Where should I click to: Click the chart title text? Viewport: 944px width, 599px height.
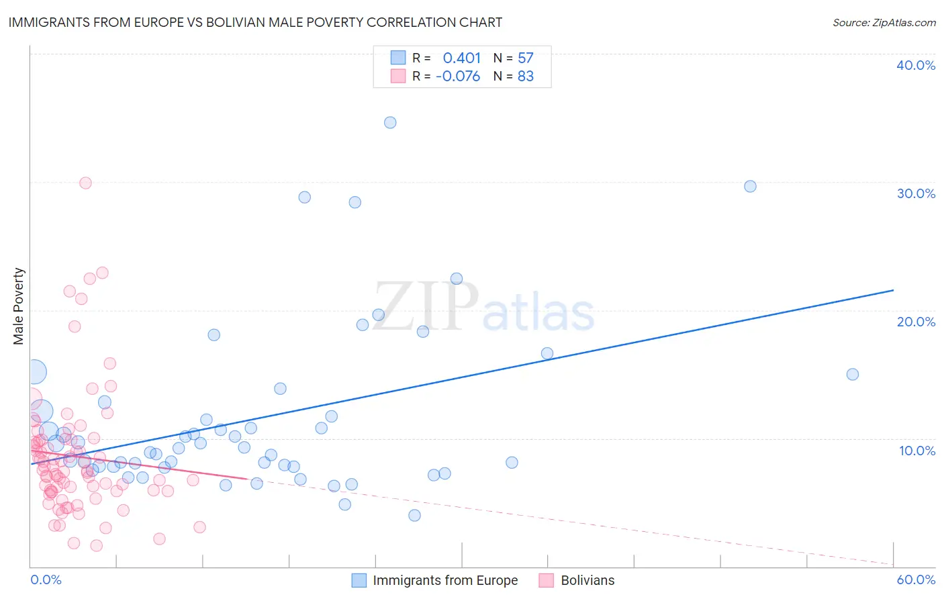pos(255,22)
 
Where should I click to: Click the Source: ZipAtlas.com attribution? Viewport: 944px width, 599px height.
pos(884,22)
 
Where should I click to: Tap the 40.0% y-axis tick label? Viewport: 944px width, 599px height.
pos(916,65)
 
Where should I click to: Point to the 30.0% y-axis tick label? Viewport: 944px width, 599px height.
pos(916,193)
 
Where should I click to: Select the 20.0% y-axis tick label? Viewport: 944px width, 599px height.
pos(916,322)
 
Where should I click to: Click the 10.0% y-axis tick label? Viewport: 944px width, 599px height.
pos(917,451)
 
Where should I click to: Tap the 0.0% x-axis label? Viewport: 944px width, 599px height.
pos(46,580)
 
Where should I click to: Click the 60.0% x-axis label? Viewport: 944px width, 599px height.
pos(916,580)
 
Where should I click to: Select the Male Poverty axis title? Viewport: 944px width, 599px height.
pos(19,306)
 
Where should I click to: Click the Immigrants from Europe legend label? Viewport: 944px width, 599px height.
pos(445,580)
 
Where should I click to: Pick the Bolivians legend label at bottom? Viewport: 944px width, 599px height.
pos(587,580)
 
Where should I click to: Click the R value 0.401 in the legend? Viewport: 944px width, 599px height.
pos(462,58)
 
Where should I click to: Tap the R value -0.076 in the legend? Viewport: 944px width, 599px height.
pos(458,77)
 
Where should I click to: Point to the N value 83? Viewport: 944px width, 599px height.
pos(526,77)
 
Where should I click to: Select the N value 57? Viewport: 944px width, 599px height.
pos(526,58)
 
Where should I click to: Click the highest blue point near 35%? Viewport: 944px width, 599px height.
pos(390,122)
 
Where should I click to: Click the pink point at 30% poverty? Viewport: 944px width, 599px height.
pos(85,183)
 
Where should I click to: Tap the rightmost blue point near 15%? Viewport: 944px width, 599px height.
pos(853,374)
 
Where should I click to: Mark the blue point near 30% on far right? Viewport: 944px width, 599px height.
pos(751,186)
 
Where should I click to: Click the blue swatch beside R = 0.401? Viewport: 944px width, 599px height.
pos(398,58)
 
